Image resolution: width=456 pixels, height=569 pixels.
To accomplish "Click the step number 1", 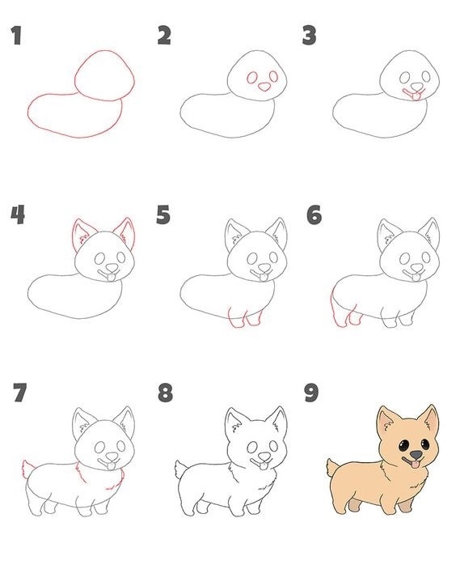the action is click(x=16, y=36).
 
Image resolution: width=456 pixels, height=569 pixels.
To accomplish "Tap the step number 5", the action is click(x=163, y=214).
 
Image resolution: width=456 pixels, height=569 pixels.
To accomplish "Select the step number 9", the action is click(x=311, y=393).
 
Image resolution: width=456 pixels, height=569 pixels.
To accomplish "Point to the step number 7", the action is click(x=20, y=393).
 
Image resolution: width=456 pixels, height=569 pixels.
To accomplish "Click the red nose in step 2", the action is click(x=265, y=87).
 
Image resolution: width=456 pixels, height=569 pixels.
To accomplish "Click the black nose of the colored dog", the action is click(x=416, y=455).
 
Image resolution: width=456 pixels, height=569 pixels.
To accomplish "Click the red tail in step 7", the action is click(x=27, y=469).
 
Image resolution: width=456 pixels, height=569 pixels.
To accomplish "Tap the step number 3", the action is click(x=309, y=36).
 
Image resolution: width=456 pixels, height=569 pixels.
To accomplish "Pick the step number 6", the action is click(x=314, y=214).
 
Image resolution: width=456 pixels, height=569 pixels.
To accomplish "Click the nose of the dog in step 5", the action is click(x=265, y=269).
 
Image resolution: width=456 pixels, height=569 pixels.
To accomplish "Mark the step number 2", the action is click(x=164, y=36).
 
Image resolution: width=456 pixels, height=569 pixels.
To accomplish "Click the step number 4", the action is click(x=18, y=214).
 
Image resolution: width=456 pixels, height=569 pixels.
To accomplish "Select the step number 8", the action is click(x=165, y=393).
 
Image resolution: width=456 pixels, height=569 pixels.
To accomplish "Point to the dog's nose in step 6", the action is click(x=417, y=269).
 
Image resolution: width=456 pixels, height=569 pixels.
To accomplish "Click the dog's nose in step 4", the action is click(x=112, y=269).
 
